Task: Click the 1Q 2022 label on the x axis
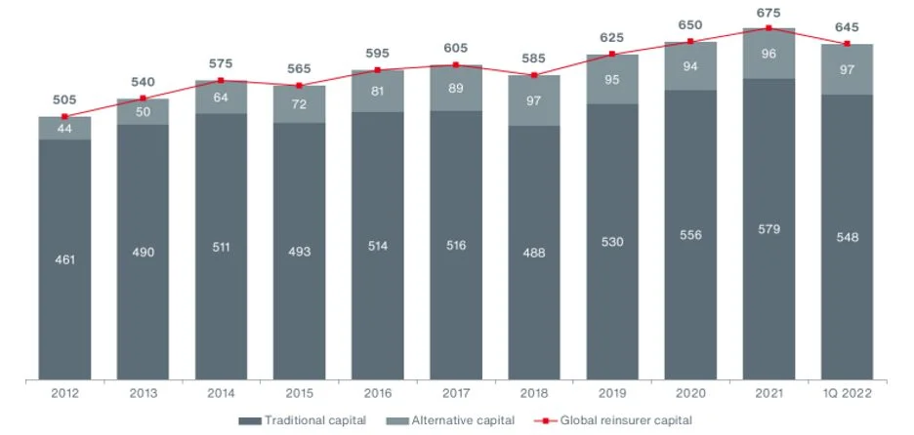847,393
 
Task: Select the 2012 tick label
64,393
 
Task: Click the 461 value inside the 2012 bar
64,260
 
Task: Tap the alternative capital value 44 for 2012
64,129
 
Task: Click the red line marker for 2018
534,75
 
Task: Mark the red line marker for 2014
221,80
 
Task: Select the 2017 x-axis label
456,393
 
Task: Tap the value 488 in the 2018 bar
534,252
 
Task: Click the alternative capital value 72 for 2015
299,103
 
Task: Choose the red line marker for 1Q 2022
847,44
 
